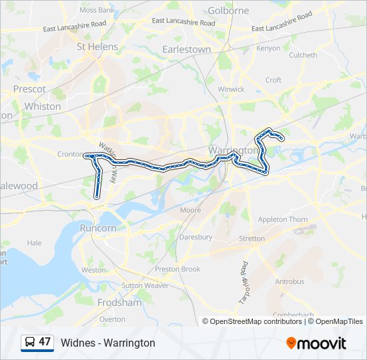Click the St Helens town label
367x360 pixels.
click(97, 47)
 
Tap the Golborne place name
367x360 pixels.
click(228, 11)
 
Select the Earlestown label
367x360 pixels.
click(187, 49)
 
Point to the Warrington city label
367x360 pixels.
click(233, 150)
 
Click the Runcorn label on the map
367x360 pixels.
click(98, 227)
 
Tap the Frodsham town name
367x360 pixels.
click(119, 302)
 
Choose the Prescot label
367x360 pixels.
click(29, 89)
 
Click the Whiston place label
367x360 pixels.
click(42, 106)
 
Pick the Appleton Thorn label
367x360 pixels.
click(283, 219)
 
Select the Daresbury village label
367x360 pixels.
click(196, 237)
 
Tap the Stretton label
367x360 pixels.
click(252, 238)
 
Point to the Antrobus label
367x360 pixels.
click(290, 281)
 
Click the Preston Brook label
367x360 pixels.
click(177, 269)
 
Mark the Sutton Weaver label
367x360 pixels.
click(145, 285)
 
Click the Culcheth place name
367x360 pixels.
click(303, 55)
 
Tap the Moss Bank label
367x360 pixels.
click(97, 11)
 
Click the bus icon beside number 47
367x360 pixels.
click(30, 342)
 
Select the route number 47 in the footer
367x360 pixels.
click(45, 342)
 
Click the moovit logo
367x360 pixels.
click(316, 343)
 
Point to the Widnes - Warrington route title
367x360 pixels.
click(107, 343)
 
